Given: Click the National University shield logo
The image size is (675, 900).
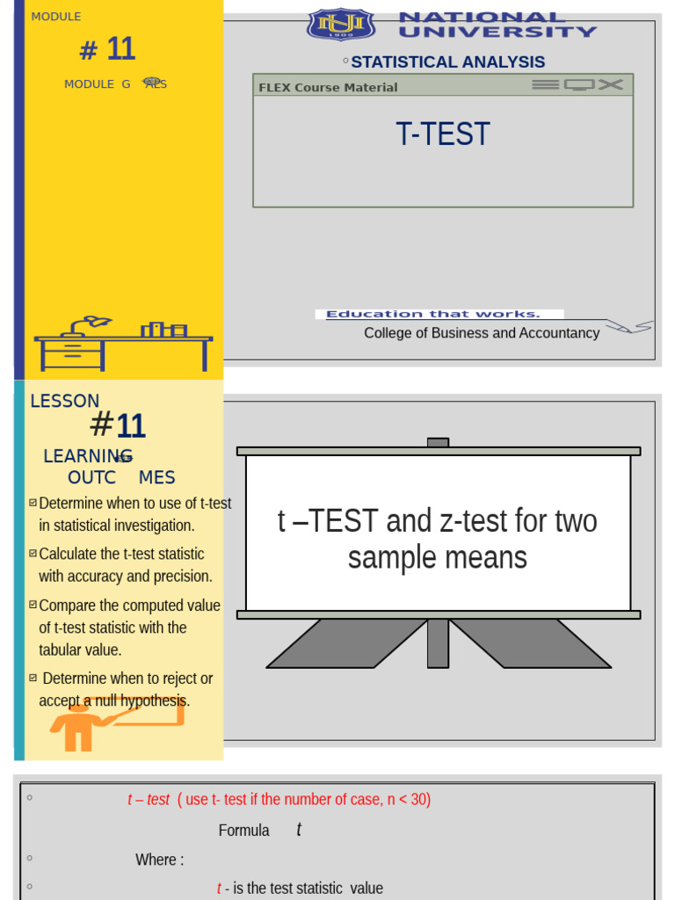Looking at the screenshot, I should point(340,24).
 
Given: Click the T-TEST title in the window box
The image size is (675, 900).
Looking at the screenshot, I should point(442,134).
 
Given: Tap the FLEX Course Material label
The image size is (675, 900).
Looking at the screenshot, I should point(328,87).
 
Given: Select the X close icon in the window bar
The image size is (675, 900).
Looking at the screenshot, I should point(611,84).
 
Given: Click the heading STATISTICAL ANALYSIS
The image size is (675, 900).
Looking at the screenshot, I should point(447,62).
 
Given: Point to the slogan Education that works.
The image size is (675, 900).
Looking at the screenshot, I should point(432,314).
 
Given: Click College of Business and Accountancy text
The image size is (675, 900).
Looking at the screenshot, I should point(482,333).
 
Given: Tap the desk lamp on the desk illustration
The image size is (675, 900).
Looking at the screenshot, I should point(88,324).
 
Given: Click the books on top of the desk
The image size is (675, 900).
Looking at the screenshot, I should point(164,330).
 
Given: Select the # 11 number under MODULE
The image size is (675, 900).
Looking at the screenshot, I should point(107,49).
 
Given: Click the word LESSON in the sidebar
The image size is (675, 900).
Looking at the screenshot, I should point(65,401).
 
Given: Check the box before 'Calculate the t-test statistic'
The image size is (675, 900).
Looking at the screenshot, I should point(33,554).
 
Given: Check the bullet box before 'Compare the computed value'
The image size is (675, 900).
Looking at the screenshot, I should point(33,605).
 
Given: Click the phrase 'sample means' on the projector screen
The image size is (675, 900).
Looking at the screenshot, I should point(437,557).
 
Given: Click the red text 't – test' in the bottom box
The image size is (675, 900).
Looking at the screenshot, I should point(148,800).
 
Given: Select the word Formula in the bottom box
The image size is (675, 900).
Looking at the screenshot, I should point(243,831).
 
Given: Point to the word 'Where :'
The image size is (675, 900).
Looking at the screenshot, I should point(159,860).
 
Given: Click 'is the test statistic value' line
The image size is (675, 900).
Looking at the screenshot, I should point(304,889).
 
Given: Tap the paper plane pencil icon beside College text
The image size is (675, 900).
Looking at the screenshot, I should point(630,327).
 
